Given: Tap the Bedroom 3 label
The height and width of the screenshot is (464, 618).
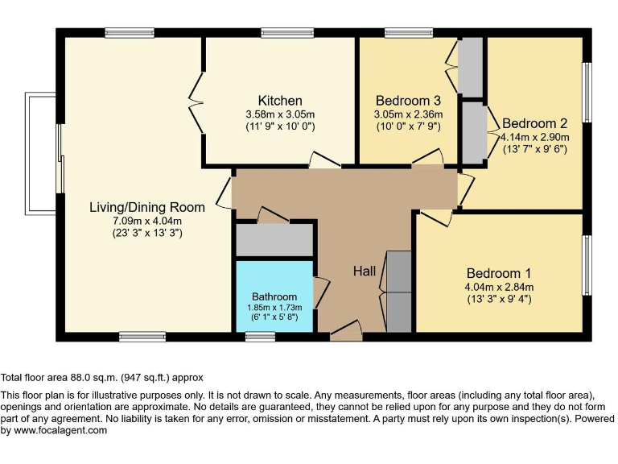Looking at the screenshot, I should pyautogui.click(x=408, y=101).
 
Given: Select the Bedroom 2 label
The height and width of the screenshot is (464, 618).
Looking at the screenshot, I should pyautogui.click(x=535, y=123).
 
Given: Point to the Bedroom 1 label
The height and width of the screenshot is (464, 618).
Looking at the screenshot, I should pyautogui.click(x=498, y=273).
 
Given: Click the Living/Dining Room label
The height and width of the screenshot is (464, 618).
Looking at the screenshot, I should pyautogui.click(x=146, y=207).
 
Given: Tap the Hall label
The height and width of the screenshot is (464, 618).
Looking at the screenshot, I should pyautogui.click(x=365, y=271).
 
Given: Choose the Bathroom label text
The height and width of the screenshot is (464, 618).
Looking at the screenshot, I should pyautogui.click(x=274, y=296).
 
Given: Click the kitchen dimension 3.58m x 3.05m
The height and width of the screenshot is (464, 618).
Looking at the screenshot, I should pyautogui.click(x=279, y=114).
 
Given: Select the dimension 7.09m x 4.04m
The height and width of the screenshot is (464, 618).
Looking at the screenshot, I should pyautogui.click(x=146, y=221).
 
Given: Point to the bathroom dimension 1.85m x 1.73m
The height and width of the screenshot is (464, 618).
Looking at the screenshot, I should pyautogui.click(x=274, y=307).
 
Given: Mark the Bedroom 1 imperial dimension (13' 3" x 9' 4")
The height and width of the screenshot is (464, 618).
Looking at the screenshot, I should pyautogui.click(x=498, y=300).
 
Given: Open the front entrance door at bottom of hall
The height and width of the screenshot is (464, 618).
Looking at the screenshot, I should pyautogui.click(x=346, y=330).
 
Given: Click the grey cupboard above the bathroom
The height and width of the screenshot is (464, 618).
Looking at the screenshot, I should pyautogui.click(x=274, y=240).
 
